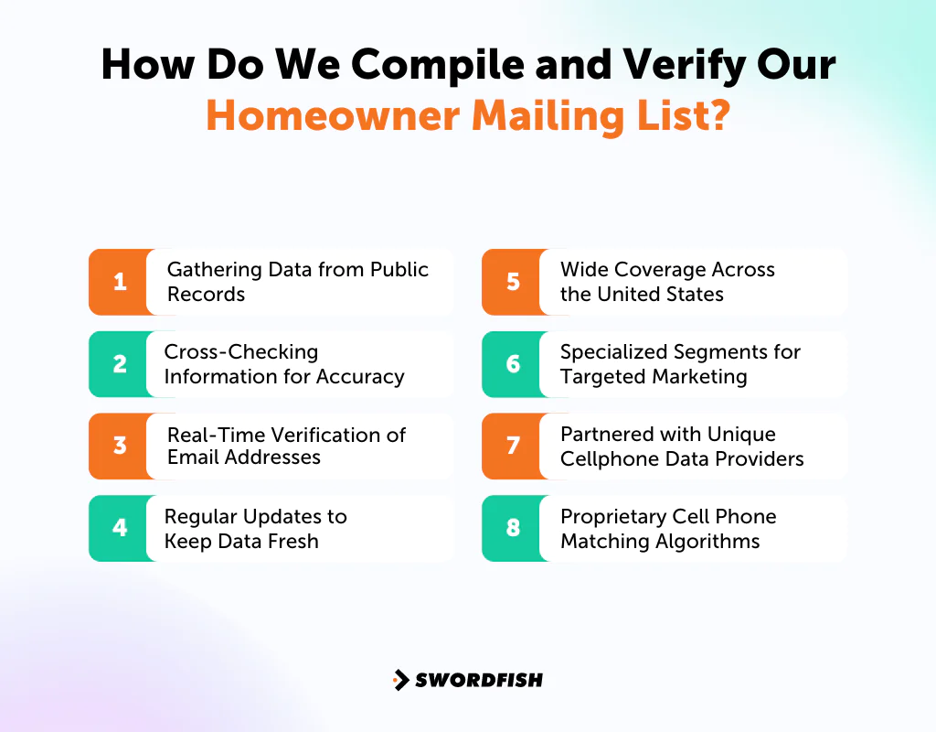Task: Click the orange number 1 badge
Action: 120,282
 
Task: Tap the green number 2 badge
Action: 120,364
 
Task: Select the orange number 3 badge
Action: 120,447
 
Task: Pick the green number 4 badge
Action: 120,528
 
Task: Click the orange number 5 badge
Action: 513,282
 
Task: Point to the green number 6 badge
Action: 513,364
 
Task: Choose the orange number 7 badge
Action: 513,447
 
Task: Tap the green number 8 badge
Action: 513,528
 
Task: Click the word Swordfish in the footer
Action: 479,680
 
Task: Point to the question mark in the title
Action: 716,116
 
